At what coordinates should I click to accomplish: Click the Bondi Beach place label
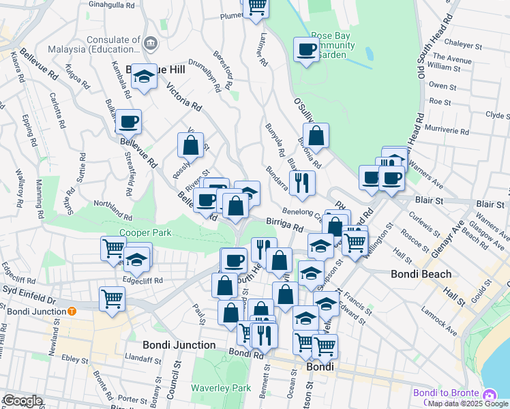click(421, 274)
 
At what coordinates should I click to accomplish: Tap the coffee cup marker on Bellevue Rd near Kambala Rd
click(128, 122)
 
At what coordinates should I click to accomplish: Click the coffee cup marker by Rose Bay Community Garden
click(307, 49)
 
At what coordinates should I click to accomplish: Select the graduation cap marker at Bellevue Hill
click(144, 77)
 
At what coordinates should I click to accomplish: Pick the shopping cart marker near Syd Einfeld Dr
click(112, 297)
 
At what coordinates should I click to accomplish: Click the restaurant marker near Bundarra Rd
click(301, 182)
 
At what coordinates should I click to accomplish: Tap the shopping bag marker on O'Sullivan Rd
click(316, 134)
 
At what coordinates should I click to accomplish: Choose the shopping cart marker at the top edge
click(256, 7)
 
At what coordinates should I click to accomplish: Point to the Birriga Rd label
click(284, 225)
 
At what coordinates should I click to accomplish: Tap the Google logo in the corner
click(22, 401)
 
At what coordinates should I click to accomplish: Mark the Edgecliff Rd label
click(143, 280)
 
